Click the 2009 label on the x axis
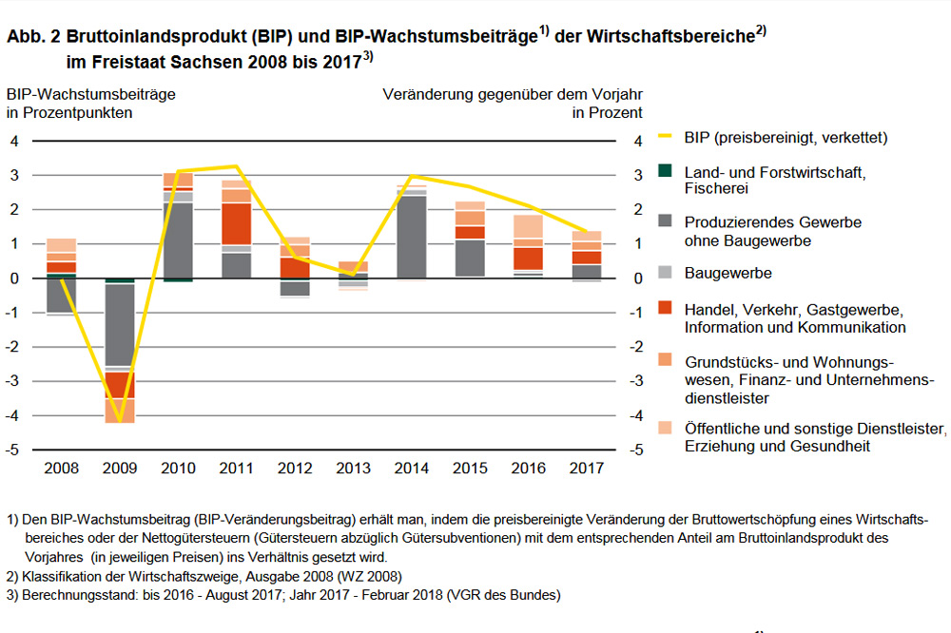(x=119, y=469)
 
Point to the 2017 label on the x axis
(x=586, y=469)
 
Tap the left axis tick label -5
(x=14, y=450)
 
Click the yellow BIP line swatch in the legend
(x=666, y=138)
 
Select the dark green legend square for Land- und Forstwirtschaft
(x=666, y=171)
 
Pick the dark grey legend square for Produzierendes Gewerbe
(x=666, y=221)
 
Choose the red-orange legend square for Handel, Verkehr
(x=666, y=310)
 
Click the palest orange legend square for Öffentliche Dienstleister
(x=666, y=428)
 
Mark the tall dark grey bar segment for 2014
(x=411, y=237)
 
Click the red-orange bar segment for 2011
(x=236, y=223)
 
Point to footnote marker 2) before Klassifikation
(x=11, y=577)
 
